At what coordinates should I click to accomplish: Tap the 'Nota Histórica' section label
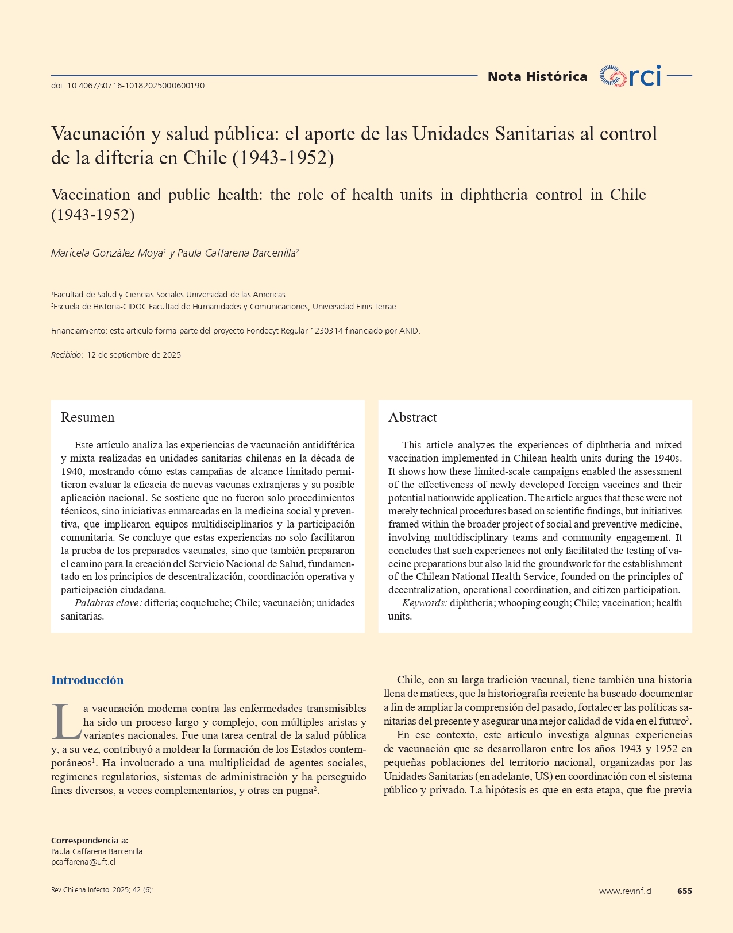pos(537,76)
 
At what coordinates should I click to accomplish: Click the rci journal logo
pos(630,76)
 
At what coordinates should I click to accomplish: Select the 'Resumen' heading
pos(87,417)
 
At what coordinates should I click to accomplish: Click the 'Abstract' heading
pos(412,417)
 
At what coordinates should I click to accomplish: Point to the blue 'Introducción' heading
pos(87,680)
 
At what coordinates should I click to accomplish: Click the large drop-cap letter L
pos(65,722)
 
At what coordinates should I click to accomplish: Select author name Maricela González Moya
pos(107,253)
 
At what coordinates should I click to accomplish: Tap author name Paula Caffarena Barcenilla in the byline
pos(237,253)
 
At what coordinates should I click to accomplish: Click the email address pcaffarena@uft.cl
pos(83,862)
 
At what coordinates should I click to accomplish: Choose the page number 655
pos(685,891)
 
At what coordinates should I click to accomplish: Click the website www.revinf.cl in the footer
pos(625,891)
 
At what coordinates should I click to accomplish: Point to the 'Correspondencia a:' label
pos(90,841)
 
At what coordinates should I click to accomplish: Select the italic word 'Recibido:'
pos(67,355)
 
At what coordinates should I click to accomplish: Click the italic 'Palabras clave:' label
pos(108,603)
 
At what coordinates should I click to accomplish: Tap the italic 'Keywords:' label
pos(425,603)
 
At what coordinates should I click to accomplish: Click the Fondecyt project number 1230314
pos(326,331)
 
